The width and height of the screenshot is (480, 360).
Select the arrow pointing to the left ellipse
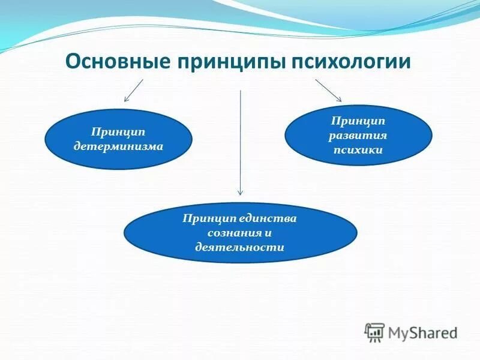point(134,90)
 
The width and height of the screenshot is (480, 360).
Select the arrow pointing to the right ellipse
point(328,90)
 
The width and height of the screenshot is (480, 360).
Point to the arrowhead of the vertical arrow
point(240,192)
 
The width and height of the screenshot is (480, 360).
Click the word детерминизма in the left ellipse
point(119,146)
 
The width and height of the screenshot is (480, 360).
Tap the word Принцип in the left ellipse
point(119,131)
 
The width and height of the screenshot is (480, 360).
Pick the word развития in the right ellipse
point(358,136)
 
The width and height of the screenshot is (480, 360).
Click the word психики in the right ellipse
point(358,151)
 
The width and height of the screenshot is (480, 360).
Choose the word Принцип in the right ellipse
point(358,121)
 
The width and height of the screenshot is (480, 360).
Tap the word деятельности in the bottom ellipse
point(240,247)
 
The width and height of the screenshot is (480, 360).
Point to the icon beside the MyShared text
point(375,332)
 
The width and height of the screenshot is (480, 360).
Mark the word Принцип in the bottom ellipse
point(205,218)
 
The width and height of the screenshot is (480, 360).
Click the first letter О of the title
point(71,61)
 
